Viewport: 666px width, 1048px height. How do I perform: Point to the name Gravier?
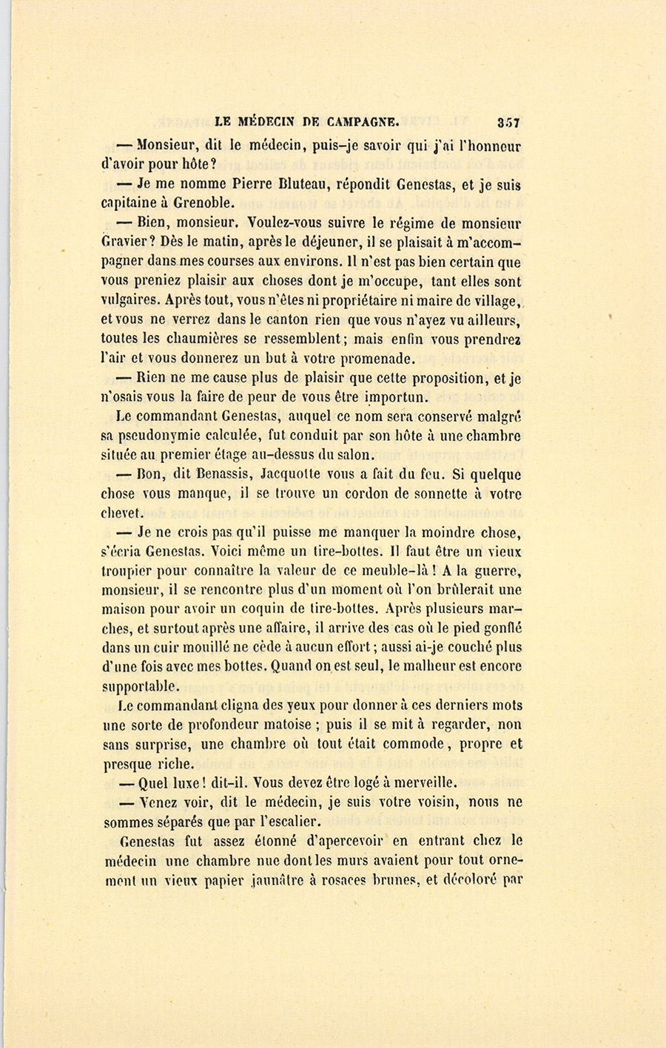pyautogui.click(x=127, y=243)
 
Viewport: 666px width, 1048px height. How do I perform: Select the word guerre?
pyautogui.click(x=497, y=571)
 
